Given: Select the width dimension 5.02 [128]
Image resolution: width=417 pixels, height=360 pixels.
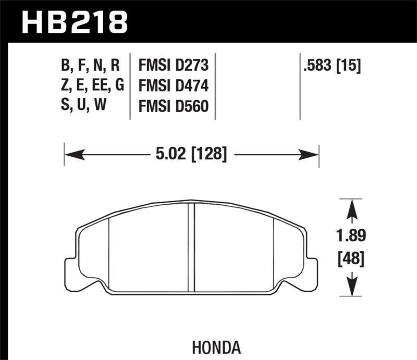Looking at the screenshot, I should tap(191, 154).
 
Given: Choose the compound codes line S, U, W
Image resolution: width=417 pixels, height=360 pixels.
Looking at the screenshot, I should tap(83, 106).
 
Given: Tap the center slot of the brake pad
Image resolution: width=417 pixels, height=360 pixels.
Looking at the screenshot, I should tap(191, 247).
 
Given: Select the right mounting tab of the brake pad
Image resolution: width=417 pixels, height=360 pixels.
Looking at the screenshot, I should tap(311, 270).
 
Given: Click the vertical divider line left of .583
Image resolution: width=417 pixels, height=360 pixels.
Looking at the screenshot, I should tap(300, 86).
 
